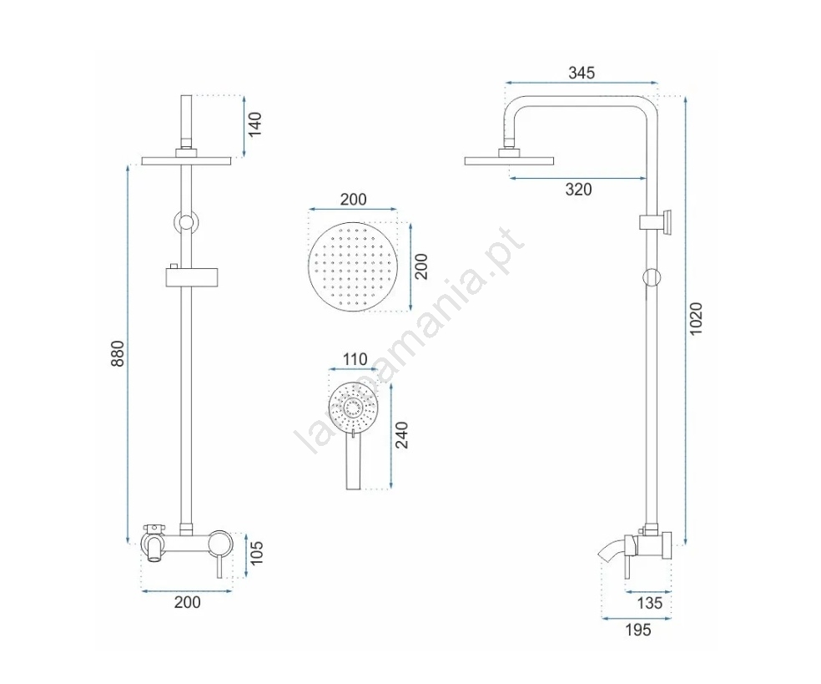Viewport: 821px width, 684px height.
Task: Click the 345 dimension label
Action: click(582, 73)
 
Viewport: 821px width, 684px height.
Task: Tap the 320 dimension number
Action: click(578, 190)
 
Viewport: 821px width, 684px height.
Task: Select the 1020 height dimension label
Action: click(695, 319)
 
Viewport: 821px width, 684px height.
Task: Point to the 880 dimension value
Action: click(118, 353)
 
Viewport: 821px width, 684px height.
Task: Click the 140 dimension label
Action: click(254, 124)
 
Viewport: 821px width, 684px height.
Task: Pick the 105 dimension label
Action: click(256, 553)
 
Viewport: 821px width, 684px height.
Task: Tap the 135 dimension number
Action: click(649, 603)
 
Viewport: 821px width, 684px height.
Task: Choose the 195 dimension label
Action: click(637, 630)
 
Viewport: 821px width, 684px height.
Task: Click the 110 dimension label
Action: click(355, 360)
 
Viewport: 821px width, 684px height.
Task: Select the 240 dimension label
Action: click(401, 435)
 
